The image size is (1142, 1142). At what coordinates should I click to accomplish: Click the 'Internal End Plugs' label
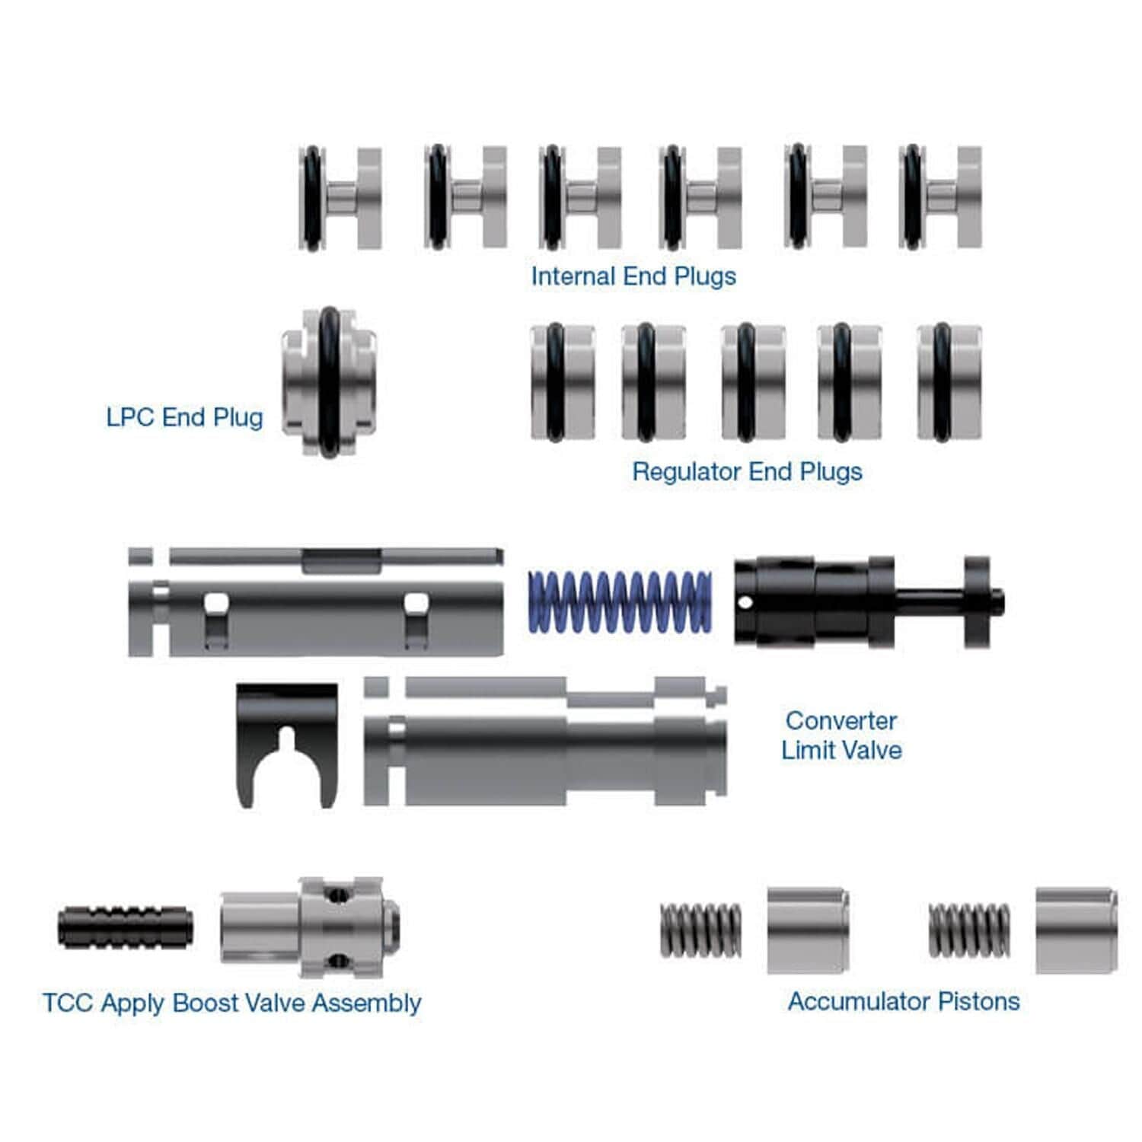tap(633, 276)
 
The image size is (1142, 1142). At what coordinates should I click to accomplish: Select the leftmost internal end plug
tap(340, 198)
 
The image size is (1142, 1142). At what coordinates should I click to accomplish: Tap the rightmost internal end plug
tap(940, 198)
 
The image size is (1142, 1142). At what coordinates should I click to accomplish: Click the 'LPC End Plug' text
tap(184, 417)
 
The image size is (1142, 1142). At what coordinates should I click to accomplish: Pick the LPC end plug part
tap(329, 382)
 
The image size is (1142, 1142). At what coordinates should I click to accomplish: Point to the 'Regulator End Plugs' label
tap(747, 471)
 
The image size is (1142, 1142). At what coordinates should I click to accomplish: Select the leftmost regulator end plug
tap(563, 382)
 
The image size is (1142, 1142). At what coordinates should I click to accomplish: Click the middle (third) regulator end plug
tap(752, 382)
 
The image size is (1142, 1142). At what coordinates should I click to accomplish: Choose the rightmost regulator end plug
tap(949, 382)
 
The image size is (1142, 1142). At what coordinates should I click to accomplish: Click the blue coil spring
tap(620, 601)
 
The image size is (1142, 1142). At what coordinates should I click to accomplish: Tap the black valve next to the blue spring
tap(837, 601)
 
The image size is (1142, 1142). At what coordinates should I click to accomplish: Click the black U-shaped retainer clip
tap(286, 742)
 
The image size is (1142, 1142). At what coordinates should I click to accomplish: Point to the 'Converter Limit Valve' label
tap(841, 735)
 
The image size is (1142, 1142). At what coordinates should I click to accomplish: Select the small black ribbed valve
tap(125, 927)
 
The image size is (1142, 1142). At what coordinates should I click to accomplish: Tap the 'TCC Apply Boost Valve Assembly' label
tap(231, 1003)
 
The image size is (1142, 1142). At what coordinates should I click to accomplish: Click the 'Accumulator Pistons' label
tap(904, 1001)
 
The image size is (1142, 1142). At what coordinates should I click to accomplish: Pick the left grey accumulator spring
tap(700, 930)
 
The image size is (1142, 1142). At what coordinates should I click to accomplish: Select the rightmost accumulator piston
tap(1077, 930)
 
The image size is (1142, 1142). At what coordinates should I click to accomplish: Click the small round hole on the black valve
tap(746, 603)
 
